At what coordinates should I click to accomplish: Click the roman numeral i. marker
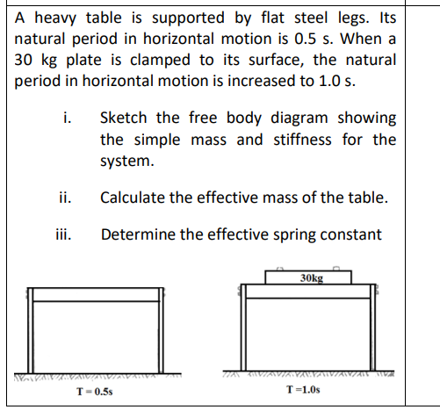point(69,118)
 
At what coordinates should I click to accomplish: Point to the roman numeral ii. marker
point(67,198)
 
